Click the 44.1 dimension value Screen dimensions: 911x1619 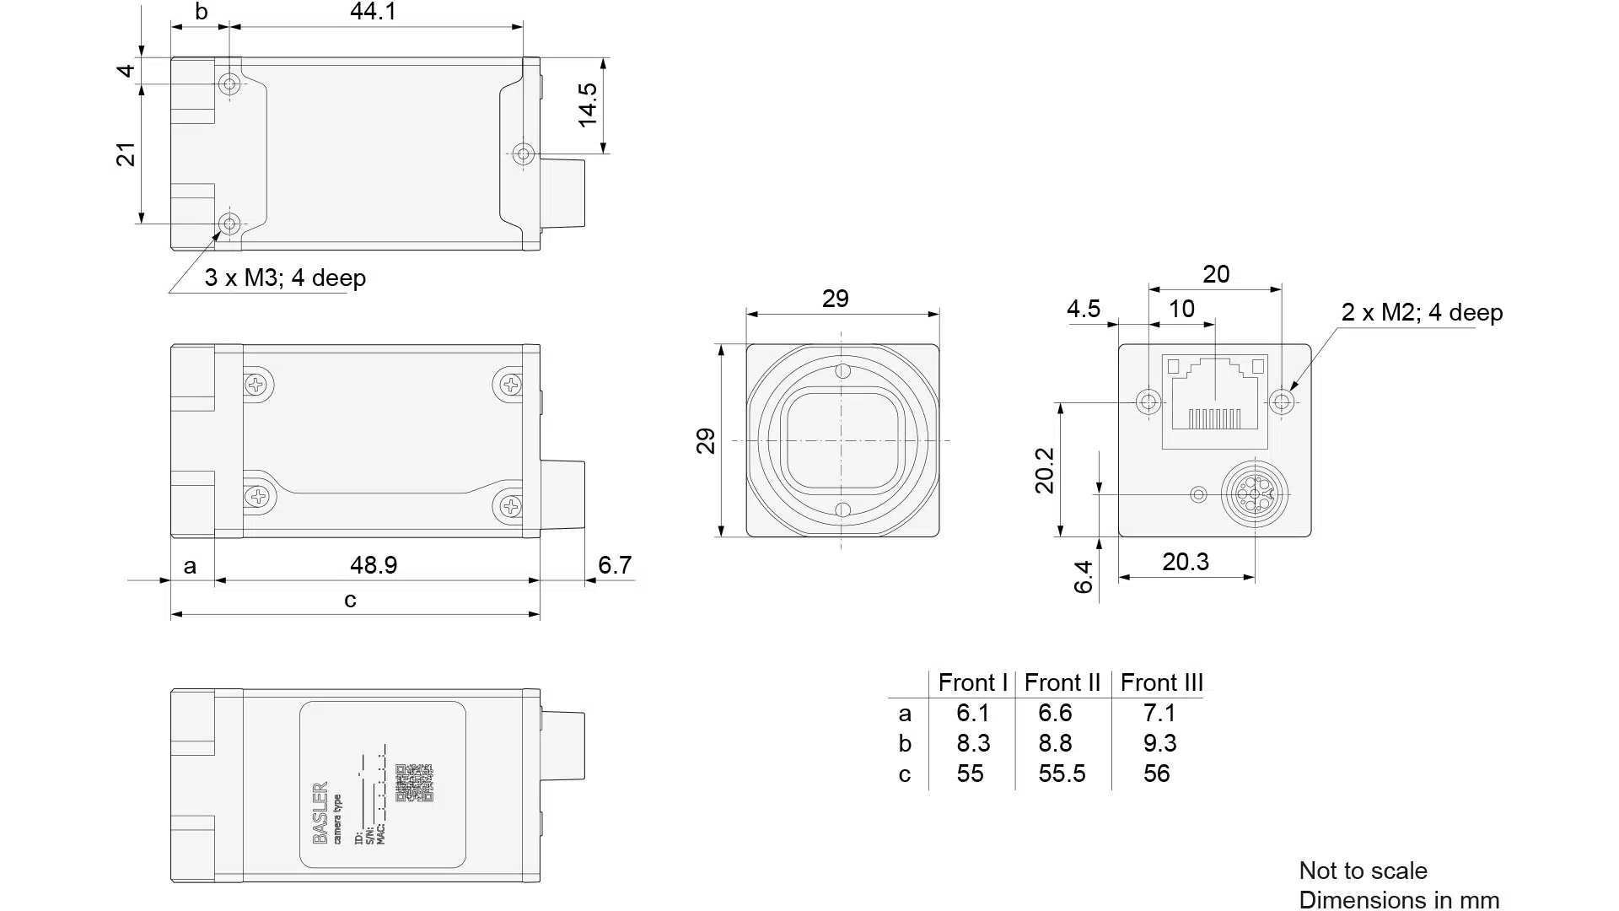pyautogui.click(x=373, y=12)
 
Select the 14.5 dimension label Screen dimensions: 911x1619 pyautogui.click(x=588, y=105)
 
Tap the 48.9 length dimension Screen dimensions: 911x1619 pyautogui.click(x=374, y=564)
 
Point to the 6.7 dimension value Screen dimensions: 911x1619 pyautogui.click(x=615, y=564)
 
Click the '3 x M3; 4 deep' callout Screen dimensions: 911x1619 pyautogui.click(x=285, y=278)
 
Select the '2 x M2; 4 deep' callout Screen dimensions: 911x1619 pyautogui.click(x=1422, y=312)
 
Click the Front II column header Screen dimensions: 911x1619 pyautogui.click(x=1062, y=682)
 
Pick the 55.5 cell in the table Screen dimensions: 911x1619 pyautogui.click(x=1062, y=774)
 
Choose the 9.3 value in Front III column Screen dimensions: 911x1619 pyautogui.click(x=1159, y=743)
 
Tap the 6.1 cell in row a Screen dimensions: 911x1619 pyautogui.click(x=972, y=713)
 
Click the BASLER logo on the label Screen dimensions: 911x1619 pyautogui.click(x=320, y=812)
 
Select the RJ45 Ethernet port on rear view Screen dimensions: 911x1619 pyautogui.click(x=1215, y=401)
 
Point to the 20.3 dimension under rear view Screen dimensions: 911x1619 pyautogui.click(x=1185, y=562)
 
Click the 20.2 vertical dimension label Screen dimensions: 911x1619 pyautogui.click(x=1045, y=470)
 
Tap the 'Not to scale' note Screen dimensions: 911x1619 pyautogui.click(x=1363, y=871)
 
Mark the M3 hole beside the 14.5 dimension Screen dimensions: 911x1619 pyautogui.click(x=524, y=154)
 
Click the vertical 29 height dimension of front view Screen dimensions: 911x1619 pyautogui.click(x=705, y=440)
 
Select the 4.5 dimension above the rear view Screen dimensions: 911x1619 pyautogui.click(x=1083, y=309)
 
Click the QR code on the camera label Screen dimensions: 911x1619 pyautogui.click(x=413, y=783)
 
